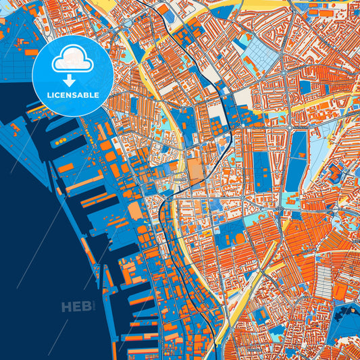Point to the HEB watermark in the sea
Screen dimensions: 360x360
(x=75, y=307)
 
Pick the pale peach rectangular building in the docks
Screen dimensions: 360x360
(x=135, y=211)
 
